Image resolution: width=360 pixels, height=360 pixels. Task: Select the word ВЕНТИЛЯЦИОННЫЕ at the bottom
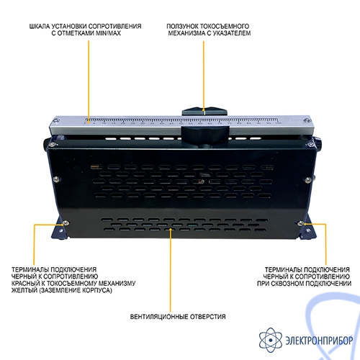point(159,317)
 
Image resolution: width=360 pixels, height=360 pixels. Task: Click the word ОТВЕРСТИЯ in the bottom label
point(208,317)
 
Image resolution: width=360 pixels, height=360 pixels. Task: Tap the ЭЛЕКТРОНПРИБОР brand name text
point(319,341)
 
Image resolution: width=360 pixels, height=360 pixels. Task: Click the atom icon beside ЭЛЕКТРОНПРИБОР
point(271,340)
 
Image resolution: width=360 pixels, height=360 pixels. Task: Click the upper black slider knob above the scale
point(204,112)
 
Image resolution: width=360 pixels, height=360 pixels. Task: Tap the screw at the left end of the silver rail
point(56,120)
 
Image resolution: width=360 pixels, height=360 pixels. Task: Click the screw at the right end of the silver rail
point(306,120)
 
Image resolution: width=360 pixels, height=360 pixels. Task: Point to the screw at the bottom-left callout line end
point(66,223)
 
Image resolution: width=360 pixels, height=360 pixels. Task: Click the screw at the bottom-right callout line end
point(300,223)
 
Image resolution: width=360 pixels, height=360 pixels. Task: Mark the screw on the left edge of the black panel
point(57,179)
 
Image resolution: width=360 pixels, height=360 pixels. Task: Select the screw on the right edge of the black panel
point(308,179)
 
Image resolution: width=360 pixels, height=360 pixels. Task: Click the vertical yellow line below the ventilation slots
point(171,270)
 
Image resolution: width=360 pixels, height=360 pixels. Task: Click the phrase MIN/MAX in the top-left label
point(108,33)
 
